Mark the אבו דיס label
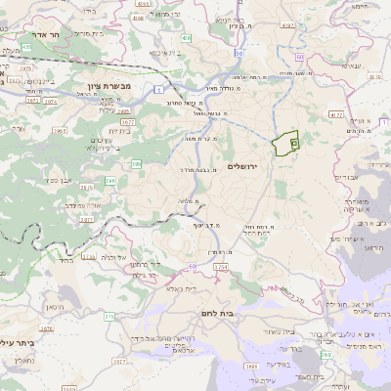347,178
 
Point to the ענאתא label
351,65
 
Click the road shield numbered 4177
336,115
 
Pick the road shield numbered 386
136,163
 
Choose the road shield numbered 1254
221,267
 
